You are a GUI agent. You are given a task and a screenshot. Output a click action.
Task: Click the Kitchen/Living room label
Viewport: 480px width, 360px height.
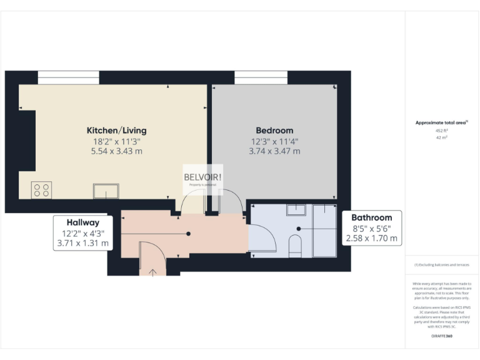pos(116,131)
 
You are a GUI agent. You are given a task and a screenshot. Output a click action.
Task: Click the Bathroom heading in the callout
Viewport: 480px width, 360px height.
pos(372,217)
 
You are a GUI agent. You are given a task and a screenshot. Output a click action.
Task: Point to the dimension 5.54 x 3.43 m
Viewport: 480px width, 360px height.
pos(116,151)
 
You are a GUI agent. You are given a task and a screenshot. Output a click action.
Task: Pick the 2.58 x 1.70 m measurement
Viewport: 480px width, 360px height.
pos(372,237)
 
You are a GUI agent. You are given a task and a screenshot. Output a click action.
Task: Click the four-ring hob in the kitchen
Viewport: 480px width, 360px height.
pos(42,189)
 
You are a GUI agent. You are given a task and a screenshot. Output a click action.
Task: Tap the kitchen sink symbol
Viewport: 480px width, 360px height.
pos(106,191)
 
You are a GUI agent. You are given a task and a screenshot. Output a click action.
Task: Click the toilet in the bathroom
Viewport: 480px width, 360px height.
pos(296,246)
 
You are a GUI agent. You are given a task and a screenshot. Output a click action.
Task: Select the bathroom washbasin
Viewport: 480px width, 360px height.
pos(296,209)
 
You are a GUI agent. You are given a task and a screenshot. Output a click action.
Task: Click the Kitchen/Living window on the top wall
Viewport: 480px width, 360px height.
pos(68,77)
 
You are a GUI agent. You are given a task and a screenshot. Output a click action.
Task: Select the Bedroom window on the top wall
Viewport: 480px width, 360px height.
pos(261,77)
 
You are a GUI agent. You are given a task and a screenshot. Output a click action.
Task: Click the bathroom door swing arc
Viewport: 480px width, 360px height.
pos(262,238)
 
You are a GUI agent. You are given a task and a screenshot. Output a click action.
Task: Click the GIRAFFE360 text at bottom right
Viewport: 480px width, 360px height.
pos(442,336)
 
